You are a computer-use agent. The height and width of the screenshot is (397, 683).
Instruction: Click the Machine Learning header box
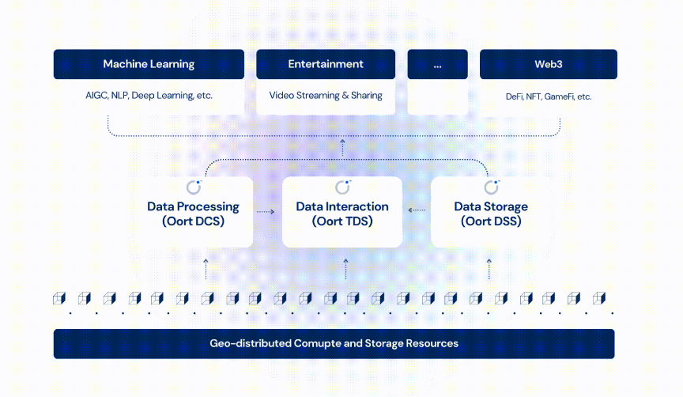coord(149,64)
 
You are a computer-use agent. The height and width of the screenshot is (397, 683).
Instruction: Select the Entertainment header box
coord(326,64)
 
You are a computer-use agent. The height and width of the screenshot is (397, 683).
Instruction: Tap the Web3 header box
coord(548,64)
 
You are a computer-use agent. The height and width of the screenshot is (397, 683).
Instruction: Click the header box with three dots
coord(437,64)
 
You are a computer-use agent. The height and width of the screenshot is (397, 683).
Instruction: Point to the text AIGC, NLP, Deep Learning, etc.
coord(149,96)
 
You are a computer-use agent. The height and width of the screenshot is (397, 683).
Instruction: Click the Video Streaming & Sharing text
coord(326,96)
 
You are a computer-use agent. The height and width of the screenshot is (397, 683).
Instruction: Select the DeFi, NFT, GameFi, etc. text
coord(548,96)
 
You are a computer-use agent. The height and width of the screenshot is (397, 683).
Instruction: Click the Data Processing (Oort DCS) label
coord(193,214)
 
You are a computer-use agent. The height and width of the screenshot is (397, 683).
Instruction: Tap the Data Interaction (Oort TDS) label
coord(342,214)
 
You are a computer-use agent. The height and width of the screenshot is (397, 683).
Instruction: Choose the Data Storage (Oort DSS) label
coord(491,214)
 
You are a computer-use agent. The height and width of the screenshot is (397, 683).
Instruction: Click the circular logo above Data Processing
coord(194,187)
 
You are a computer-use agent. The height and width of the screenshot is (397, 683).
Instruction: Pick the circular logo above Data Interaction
coord(342,187)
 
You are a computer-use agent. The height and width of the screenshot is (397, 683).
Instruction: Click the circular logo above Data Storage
coord(492,187)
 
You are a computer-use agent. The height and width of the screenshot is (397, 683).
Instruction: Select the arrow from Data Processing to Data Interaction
coord(266,212)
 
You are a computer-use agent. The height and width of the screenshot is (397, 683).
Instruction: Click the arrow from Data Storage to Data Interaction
coord(417,210)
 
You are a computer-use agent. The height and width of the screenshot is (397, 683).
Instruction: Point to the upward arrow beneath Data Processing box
coord(206,268)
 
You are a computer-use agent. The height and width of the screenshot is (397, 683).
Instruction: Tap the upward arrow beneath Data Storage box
coord(489,268)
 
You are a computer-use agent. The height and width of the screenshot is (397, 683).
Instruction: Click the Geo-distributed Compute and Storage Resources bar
coord(334,344)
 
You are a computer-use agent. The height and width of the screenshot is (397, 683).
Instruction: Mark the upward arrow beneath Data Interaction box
coord(345,268)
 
